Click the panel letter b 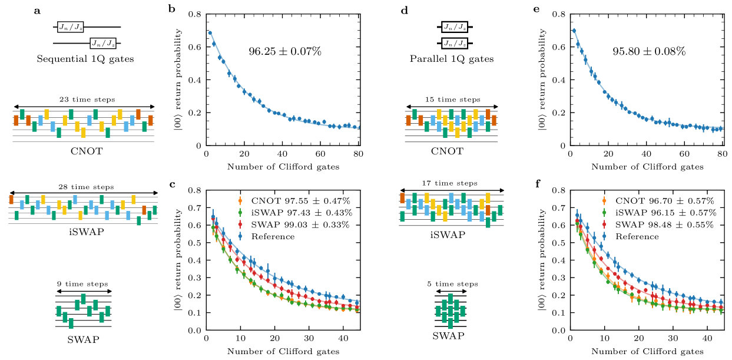coord(171,9)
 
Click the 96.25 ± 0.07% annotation coord(284,51)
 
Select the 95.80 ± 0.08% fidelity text coord(649,51)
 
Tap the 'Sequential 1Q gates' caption coord(85,59)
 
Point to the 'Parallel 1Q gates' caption coord(451,59)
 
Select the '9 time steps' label coord(82,283)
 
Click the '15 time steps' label coord(451,100)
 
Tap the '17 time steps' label coord(451,183)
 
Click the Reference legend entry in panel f coord(637,237)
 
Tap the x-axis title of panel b coord(284,167)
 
